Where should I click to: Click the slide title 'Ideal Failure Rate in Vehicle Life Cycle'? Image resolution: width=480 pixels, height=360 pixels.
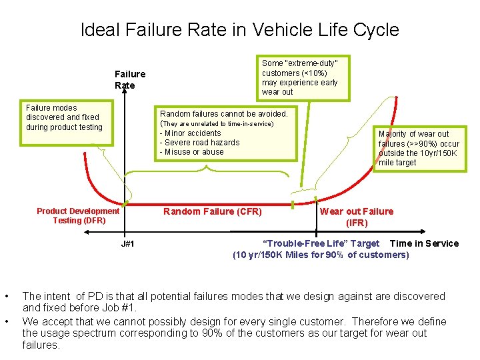[239, 30]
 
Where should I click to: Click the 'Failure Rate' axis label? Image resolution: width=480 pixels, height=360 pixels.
[129, 79]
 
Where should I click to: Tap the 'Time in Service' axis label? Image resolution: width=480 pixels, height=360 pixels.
[424, 243]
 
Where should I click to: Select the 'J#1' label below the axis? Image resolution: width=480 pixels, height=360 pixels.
[128, 244]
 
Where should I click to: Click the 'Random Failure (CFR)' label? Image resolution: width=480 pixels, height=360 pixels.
[213, 212]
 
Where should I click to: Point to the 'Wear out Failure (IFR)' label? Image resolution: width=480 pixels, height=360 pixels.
[357, 217]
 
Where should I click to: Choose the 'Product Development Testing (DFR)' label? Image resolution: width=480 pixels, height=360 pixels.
[78, 215]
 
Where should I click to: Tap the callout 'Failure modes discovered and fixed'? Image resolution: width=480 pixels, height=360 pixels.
[64, 117]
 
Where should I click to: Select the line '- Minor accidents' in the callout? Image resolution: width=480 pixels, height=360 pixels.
[190, 133]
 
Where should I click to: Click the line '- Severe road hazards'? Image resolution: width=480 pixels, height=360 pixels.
[199, 142]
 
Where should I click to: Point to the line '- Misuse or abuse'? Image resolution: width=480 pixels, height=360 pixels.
[192, 151]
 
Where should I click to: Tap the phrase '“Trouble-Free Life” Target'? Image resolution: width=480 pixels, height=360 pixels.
[321, 243]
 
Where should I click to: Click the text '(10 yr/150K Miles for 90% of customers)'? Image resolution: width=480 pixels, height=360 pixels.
[321, 255]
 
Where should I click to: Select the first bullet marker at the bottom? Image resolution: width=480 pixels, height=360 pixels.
[7, 296]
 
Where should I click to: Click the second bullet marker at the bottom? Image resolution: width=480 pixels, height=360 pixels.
[7, 321]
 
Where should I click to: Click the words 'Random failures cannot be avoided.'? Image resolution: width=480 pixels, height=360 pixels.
[223, 114]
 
